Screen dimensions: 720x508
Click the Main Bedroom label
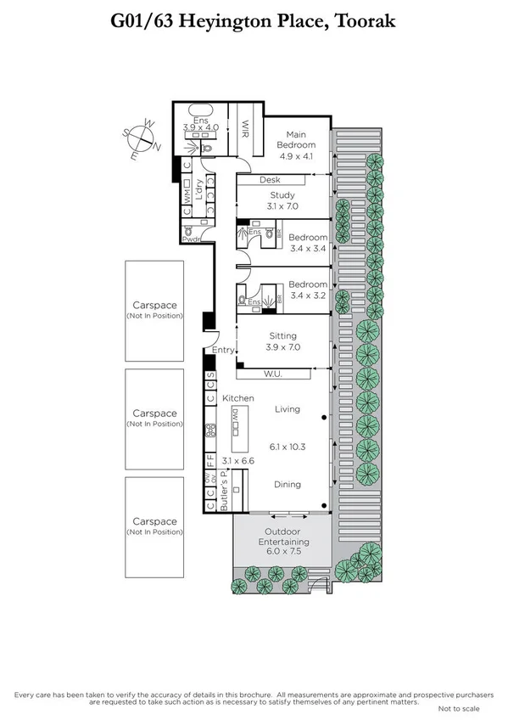tap(295, 138)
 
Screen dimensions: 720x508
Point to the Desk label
tap(270, 180)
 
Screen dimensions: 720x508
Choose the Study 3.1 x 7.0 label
tap(282, 200)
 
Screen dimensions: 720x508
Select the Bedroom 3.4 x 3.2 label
tap(308, 290)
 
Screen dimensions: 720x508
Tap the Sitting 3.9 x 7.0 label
tap(283, 341)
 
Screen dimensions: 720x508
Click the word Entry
tap(223, 350)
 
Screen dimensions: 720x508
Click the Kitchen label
tap(238, 397)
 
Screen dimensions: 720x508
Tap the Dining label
tap(287, 485)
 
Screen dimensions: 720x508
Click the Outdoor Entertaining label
tap(285, 543)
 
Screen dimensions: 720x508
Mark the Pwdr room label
tap(188, 239)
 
